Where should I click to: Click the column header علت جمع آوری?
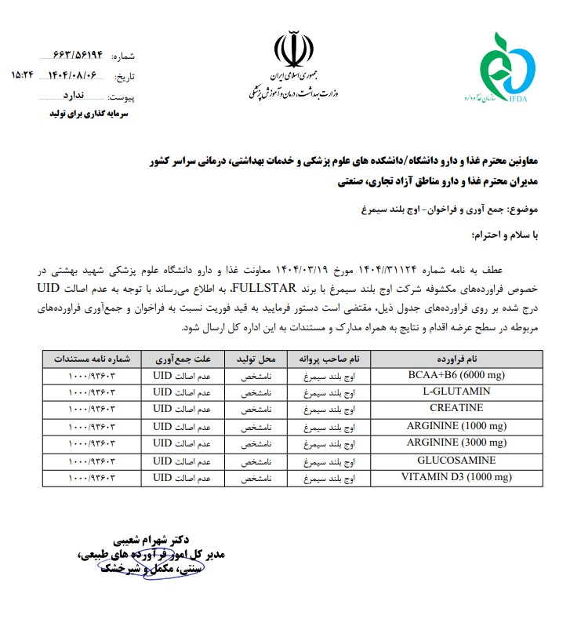point(182,358)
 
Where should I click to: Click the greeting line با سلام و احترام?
point(506,233)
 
